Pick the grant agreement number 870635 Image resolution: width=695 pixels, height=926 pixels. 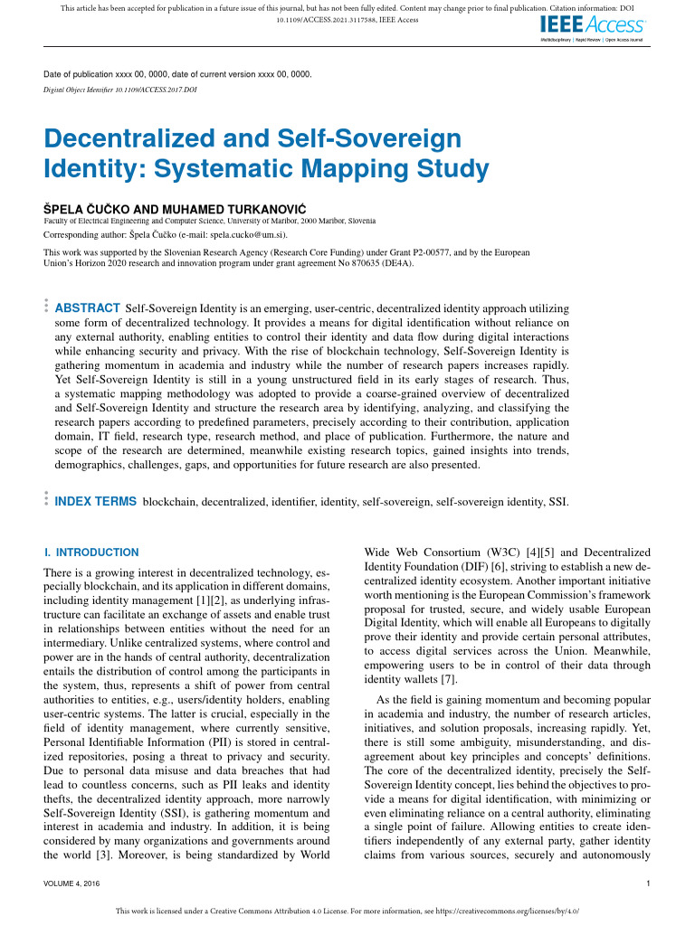point(351,264)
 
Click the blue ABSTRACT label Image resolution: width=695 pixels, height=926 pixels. point(88,308)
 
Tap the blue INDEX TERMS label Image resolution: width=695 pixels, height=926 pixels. point(96,501)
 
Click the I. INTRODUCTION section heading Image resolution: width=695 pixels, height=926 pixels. point(91,553)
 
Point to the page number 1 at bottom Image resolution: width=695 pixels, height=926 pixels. point(648,883)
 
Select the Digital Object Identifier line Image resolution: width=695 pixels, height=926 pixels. point(120,90)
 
